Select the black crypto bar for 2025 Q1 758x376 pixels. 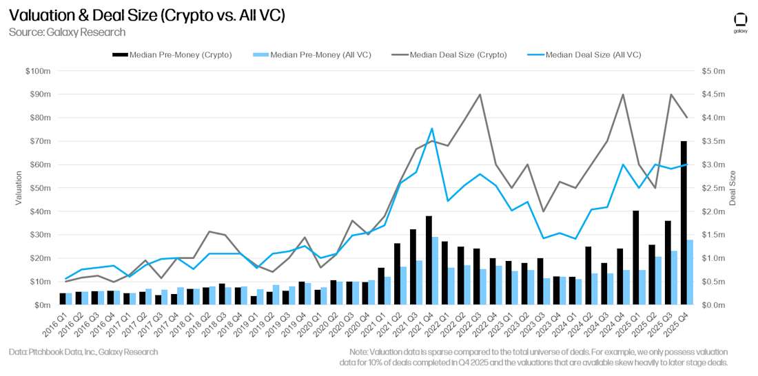tap(635, 258)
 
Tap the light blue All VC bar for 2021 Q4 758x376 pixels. tap(435, 271)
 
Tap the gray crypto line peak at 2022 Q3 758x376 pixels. tap(480, 94)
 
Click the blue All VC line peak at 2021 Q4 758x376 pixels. tap(431, 129)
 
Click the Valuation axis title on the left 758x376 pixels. tap(19, 188)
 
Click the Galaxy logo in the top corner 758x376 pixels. tap(741, 21)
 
